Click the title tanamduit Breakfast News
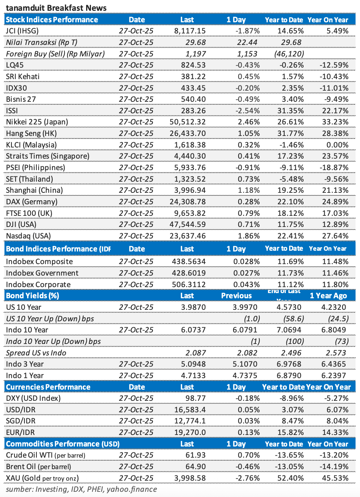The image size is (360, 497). pyautogui.click(x=56, y=8)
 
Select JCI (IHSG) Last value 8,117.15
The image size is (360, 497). pyautogui.click(x=190, y=31)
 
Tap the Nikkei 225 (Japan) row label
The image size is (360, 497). pyautogui.click(x=37, y=122)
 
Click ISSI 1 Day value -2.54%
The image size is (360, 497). pyautogui.click(x=248, y=111)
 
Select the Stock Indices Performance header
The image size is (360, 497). pyautogui.click(x=52, y=20)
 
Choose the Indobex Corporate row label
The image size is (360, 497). pyautogui.click(x=38, y=285)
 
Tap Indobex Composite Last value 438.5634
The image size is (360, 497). pyautogui.click(x=189, y=262)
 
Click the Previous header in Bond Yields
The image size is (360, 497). pyautogui.click(x=236, y=296)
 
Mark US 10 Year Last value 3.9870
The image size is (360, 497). pyautogui.click(x=193, y=307)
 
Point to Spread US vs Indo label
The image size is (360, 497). pyautogui.click(x=36, y=353)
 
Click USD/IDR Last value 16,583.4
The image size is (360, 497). pyautogui.click(x=190, y=410)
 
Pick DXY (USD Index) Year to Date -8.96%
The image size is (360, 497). pyautogui.click(x=291, y=398)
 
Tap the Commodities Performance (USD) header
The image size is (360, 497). pyautogui.click(x=63, y=444)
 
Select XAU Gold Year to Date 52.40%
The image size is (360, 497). pyautogui.click(x=291, y=478)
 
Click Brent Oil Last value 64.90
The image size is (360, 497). pyautogui.click(x=196, y=467)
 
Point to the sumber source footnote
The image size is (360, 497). pyautogui.click(x=81, y=489)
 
